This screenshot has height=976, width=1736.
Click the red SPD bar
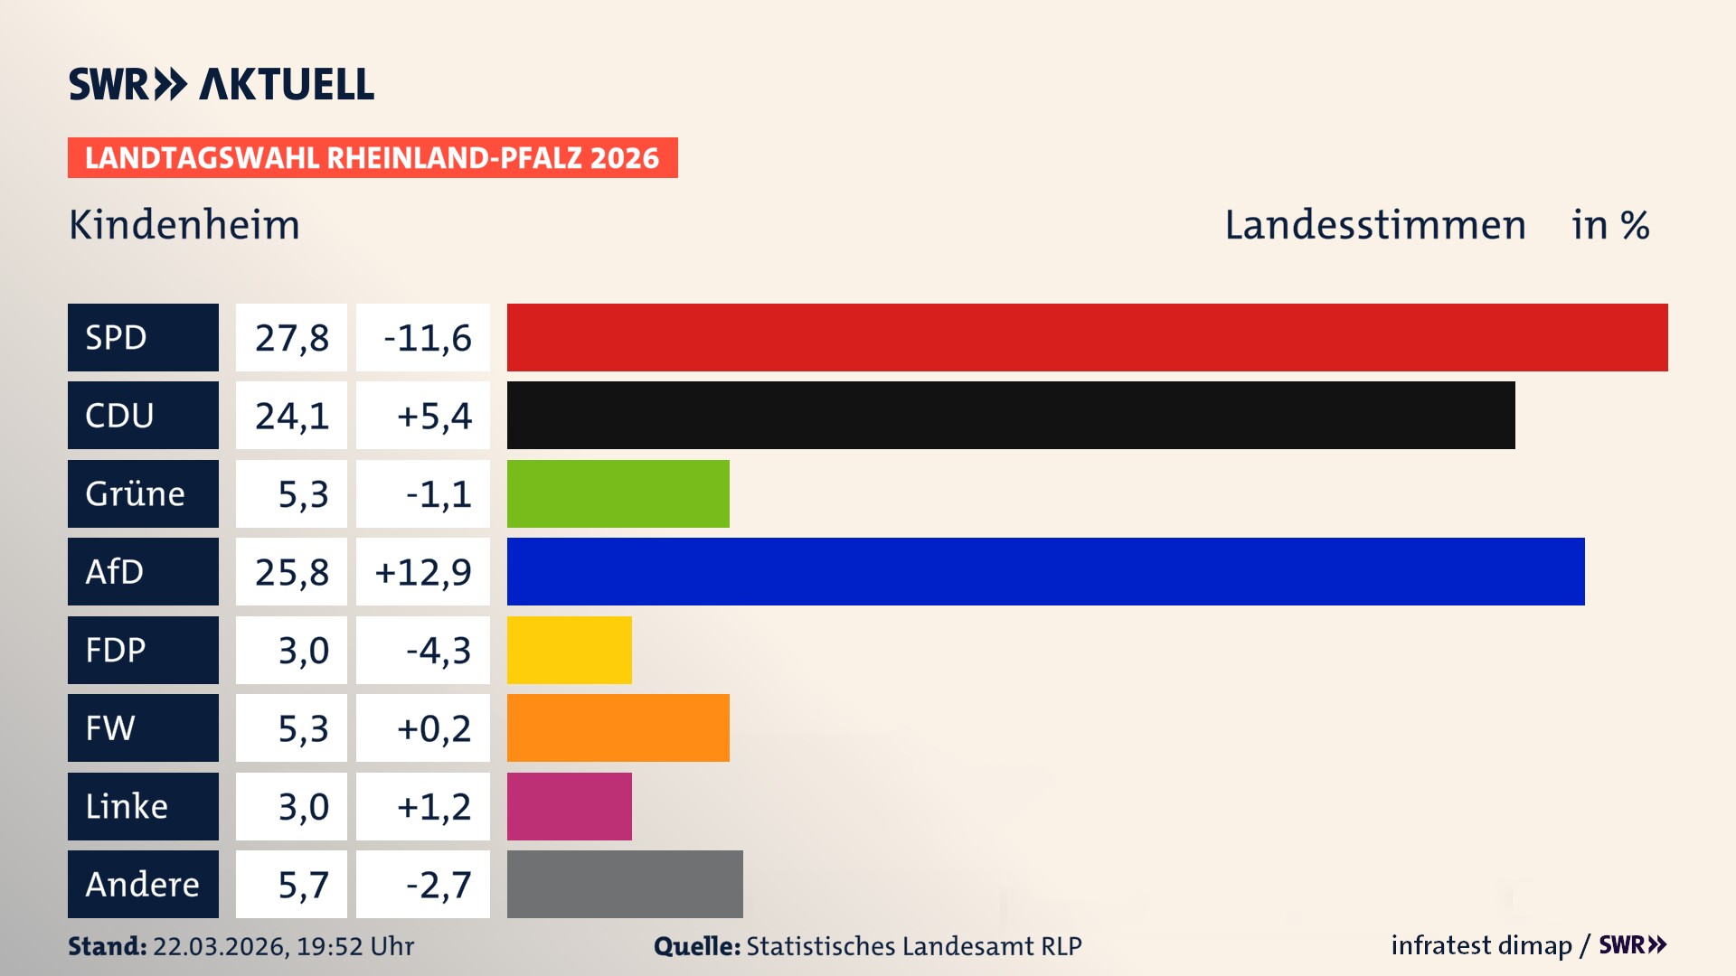pos(1087,337)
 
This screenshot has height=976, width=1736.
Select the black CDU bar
pos(1010,415)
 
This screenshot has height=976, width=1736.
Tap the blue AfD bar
pos(1045,571)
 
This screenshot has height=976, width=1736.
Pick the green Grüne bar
pos(618,493)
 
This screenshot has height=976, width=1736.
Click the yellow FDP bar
pos(569,650)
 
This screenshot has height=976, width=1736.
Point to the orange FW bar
pos(618,727)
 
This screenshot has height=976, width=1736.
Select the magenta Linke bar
pos(569,806)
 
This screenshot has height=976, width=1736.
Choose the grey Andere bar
pos(625,884)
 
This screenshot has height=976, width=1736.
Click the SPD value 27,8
pos(291,338)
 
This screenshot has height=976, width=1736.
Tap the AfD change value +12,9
pos(423,572)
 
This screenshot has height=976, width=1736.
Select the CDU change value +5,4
pos(433,416)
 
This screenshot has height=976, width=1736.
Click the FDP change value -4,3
pos(438,651)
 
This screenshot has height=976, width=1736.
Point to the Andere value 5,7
pos(302,885)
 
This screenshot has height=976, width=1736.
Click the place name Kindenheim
pos(184,225)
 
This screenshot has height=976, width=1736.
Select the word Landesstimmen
pos(1374,225)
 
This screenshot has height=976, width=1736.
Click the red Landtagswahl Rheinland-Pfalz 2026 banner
pos(372,158)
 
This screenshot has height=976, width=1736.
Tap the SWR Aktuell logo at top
pos(221,84)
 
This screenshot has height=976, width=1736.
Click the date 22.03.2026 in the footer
pos(219,946)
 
